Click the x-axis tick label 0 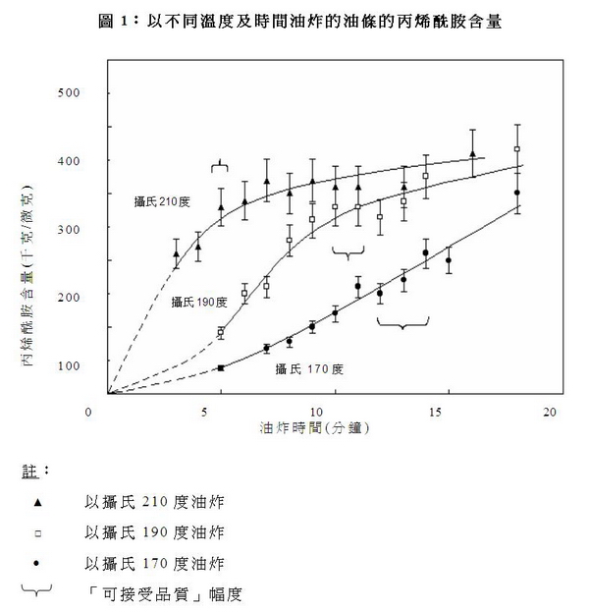tap(88, 412)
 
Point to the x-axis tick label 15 tap(437, 412)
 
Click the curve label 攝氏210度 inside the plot tap(161, 200)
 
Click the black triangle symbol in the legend tap(37, 502)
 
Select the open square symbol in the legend tap(37, 532)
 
